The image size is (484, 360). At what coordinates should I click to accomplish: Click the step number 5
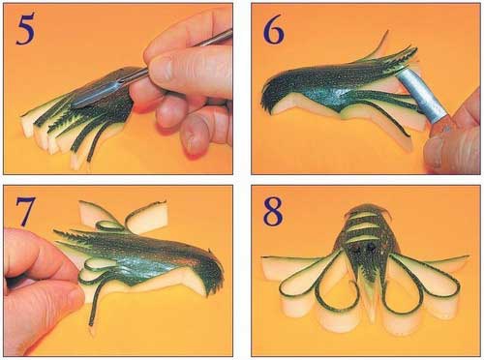25,30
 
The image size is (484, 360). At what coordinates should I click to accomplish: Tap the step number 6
274,29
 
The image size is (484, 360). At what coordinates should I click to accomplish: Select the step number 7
24,211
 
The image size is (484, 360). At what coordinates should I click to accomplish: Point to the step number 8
273,211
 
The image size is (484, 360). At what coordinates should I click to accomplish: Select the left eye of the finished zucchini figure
357,249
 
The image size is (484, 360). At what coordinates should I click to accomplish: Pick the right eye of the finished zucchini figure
370,248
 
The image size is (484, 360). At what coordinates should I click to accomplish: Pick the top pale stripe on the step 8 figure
369,214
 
